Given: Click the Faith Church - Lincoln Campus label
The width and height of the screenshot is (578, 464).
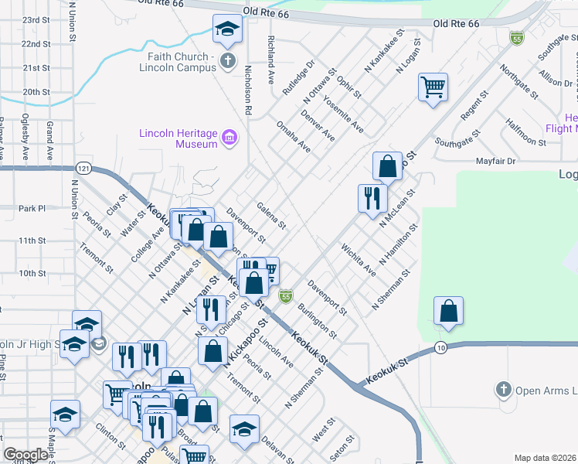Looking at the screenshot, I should pos(178,62).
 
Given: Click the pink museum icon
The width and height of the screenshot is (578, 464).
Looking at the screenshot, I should pos(229,138).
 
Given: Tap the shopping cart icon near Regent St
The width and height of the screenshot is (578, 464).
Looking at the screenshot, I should pos(433,87).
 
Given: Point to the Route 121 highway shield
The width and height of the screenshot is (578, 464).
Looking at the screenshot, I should pos(84,168).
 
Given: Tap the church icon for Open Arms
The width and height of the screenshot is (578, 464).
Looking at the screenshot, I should pos(504,390).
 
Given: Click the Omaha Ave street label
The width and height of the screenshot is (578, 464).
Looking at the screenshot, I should pos(293,137).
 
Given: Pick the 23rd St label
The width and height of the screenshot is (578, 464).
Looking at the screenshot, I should pos(36,19).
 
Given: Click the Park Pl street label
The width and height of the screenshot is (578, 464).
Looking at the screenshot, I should pos(32,208).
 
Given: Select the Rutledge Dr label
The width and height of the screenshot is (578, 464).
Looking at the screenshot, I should pos(298,78).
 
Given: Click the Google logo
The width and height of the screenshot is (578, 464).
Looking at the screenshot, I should pos(25,455).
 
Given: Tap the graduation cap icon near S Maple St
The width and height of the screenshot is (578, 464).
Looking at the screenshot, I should pos(65,415).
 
